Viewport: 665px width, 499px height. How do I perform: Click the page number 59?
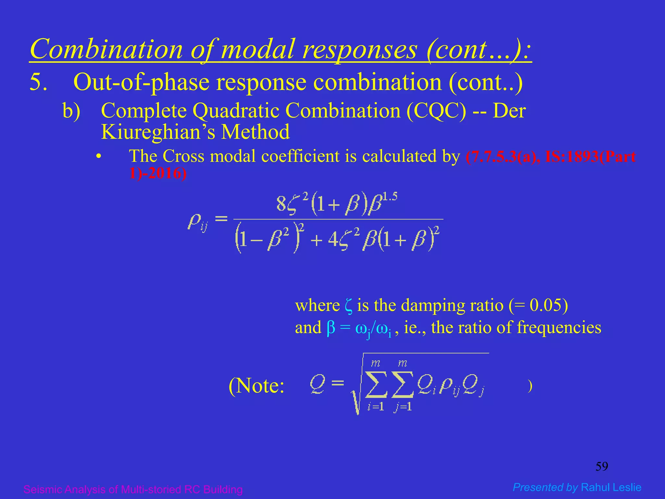pos(601,467)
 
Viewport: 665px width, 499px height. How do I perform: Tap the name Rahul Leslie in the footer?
pos(611,487)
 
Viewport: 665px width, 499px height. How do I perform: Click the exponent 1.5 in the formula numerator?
pos(389,197)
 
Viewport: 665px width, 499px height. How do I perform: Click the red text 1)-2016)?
pos(158,173)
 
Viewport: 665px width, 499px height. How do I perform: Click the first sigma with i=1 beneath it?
pos(376,385)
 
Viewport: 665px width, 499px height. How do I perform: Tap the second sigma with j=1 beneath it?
pos(403,385)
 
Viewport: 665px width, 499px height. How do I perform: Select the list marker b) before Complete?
pos(71,111)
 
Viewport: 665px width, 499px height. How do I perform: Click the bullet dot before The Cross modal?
pos(98,157)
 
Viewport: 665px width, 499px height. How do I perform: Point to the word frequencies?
pos(559,327)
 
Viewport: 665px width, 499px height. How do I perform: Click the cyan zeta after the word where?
pos(348,306)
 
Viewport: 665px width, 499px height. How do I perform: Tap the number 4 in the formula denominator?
pos(333,240)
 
